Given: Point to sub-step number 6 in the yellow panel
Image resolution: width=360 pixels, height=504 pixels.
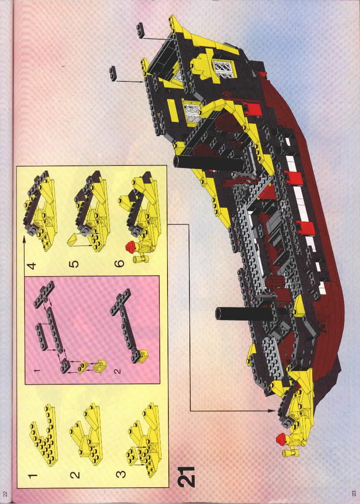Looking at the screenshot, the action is [119, 264].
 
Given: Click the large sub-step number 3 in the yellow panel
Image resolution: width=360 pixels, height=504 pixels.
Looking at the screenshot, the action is [121, 474].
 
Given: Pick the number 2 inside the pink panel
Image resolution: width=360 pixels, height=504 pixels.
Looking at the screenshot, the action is [118, 371].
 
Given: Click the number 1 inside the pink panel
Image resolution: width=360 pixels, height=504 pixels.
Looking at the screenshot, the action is [37, 370].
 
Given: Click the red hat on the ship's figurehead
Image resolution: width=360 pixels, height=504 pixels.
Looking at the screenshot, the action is [281, 439].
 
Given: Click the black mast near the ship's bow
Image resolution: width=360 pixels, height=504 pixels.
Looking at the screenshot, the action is [248, 314].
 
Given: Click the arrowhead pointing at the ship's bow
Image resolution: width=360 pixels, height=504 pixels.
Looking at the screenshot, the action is [273, 411].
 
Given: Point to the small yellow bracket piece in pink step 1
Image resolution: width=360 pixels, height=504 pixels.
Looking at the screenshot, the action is [84, 365].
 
